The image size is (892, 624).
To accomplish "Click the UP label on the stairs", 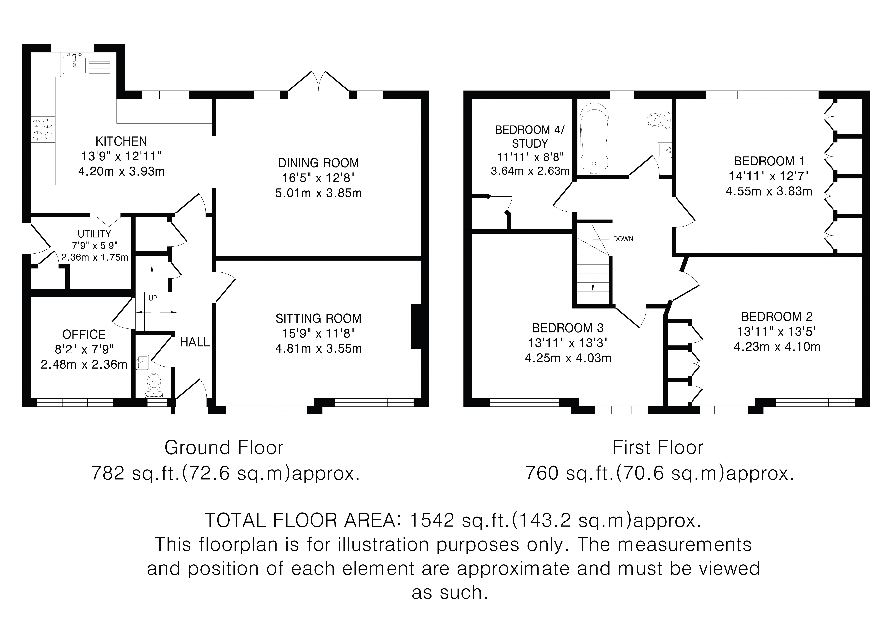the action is click(153, 298).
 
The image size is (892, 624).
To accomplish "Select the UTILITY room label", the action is click(94, 234).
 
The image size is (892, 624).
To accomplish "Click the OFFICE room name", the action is click(84, 334).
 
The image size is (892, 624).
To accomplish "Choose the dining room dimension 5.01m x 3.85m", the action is click(319, 193).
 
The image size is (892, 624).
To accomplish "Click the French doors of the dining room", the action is click(319, 81).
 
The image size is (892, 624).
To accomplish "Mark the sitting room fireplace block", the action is click(415, 326).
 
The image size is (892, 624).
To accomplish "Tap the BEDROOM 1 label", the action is click(769, 161).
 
